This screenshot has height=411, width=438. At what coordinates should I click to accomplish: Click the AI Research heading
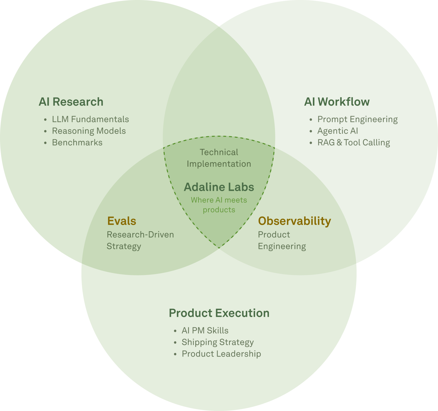pos(71,102)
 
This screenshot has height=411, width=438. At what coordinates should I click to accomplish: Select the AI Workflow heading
pos(337,102)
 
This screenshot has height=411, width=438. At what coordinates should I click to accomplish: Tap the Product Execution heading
pos(219,313)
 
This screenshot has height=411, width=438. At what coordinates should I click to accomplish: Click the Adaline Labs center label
pos(219,187)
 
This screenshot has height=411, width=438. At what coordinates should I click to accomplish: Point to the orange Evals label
pos(122,221)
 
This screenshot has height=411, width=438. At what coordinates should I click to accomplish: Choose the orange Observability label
pos(295,221)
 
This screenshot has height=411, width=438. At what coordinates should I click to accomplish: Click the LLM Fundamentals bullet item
pos(90,119)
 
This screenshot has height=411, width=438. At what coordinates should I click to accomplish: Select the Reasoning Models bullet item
pos(89,131)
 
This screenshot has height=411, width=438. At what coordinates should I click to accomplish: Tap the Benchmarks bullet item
pos(77,143)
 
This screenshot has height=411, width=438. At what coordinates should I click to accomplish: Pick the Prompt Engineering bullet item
pos(357,119)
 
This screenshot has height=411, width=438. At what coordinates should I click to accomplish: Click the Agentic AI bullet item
pos(338,131)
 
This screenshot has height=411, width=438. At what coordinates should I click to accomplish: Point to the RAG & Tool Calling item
pos(353,143)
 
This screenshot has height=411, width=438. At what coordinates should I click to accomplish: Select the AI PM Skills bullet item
pos(205,331)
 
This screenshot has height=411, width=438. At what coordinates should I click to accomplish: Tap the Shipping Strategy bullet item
pos(217,342)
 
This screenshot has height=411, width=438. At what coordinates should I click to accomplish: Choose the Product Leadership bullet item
pos(221,354)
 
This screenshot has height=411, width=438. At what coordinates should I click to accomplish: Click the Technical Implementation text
pos(219,158)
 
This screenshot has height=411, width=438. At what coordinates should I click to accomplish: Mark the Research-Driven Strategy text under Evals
pos(140,240)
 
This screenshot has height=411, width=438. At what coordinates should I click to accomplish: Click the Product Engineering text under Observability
pos(282,240)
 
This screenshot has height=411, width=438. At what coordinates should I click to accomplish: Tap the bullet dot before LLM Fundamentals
pos(45,120)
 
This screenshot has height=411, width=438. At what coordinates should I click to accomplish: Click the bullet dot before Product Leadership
pos(175,354)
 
